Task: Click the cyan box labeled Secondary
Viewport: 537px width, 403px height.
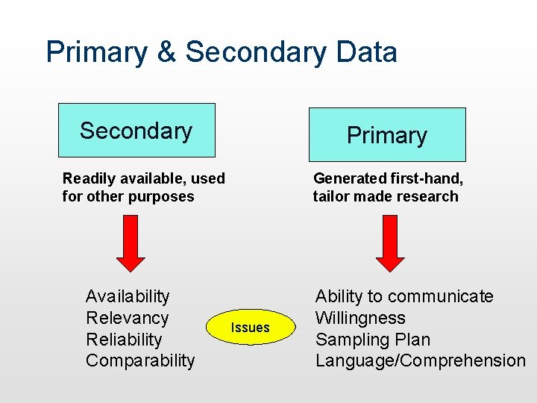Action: (136, 131)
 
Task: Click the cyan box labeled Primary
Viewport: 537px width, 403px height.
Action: (387, 135)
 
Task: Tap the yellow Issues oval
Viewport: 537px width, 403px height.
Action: (251, 327)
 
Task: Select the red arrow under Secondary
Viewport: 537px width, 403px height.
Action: (131, 243)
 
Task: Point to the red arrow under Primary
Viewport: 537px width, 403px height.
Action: (390, 243)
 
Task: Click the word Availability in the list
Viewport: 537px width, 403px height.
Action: (128, 297)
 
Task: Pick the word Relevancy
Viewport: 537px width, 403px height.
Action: (128, 318)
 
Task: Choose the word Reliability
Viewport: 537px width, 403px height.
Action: (124, 340)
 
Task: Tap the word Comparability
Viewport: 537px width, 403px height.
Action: (140, 360)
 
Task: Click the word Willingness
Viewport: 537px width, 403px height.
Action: (360, 318)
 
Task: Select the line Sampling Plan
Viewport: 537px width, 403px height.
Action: (373, 340)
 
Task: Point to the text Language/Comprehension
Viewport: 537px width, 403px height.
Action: (421, 360)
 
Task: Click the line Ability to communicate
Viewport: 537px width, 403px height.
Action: (404, 297)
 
